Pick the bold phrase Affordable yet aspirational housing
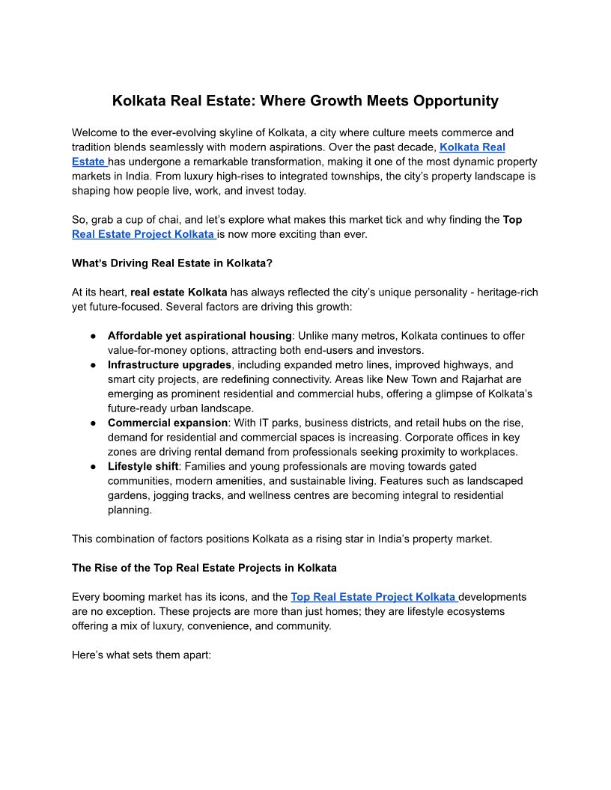pyautogui.click(x=199, y=335)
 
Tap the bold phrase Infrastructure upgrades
pyautogui.click(x=169, y=364)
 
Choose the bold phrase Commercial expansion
pyautogui.click(x=168, y=423)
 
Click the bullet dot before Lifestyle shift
pyautogui.click(x=94, y=466)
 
